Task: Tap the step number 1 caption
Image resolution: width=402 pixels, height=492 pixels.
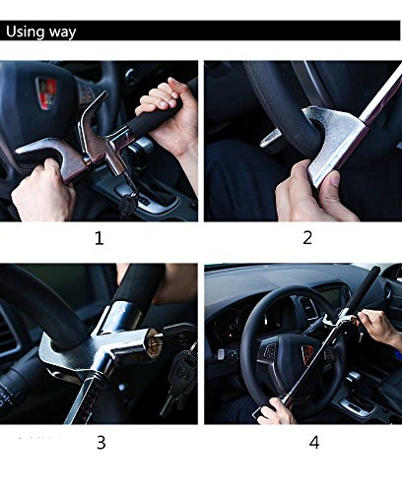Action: click(x=99, y=237)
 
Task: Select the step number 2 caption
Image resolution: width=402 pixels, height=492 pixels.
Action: click(x=306, y=237)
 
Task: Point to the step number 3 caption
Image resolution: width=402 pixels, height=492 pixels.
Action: click(x=100, y=442)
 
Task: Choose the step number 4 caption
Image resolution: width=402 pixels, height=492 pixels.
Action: click(x=313, y=442)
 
